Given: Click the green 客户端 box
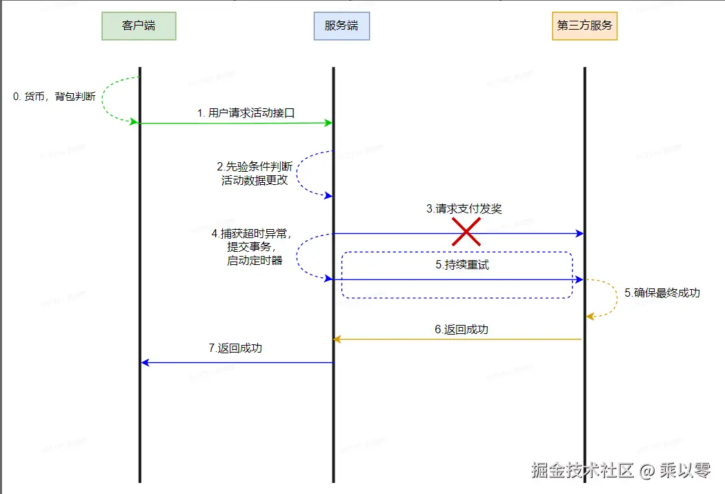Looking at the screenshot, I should [139, 26].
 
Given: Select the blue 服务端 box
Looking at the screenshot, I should [341, 26].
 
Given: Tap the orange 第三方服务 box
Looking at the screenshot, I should [584, 26].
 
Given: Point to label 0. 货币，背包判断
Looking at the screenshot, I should [54, 97].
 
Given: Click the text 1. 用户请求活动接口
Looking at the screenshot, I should [246, 112].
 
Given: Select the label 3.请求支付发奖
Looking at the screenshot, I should [464, 208].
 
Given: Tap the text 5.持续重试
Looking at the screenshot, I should [462, 264].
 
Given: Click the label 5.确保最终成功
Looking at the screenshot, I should [662, 293].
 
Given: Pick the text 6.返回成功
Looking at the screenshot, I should [461, 329].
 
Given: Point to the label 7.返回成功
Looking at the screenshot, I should [235, 348].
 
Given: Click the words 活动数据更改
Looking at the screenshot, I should [255, 180].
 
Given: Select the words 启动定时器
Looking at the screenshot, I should [255, 260].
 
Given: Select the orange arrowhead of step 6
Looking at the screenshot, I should [338, 339].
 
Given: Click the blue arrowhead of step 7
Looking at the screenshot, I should [145, 362].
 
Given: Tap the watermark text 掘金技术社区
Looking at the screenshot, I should [582, 471].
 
